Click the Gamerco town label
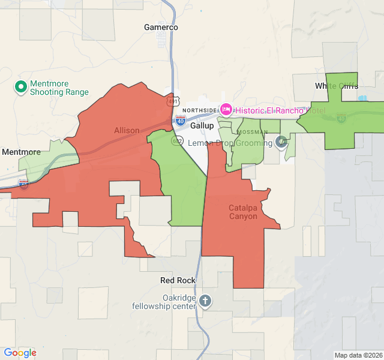pyautogui.click(x=161, y=27)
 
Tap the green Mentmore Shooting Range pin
pyautogui.click(x=21, y=88)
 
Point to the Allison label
pyautogui.click(x=127, y=130)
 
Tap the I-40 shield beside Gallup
pyautogui.click(x=181, y=121)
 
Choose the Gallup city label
pyautogui.click(x=202, y=126)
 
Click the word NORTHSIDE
pyautogui.click(x=200, y=110)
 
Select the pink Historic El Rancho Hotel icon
pyautogui.click(x=226, y=110)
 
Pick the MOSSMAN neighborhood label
pyautogui.click(x=253, y=131)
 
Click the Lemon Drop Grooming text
pyautogui.click(x=230, y=143)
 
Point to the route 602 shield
pyautogui.click(x=176, y=140)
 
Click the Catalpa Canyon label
pyautogui.click(x=243, y=212)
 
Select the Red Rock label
pyautogui.click(x=178, y=280)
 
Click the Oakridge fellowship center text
pyautogui.click(x=164, y=302)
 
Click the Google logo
pyautogui.click(x=20, y=353)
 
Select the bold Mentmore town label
pyautogui.click(x=21, y=152)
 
